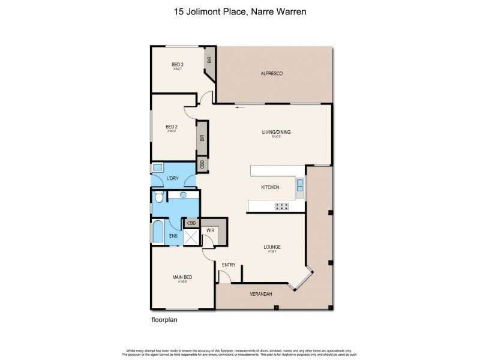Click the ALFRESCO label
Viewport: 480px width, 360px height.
point(271,73)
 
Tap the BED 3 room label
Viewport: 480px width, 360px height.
point(177,64)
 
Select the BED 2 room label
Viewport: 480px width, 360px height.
point(172,127)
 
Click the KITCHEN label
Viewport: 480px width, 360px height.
point(270,187)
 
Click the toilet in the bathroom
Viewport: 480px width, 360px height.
point(157,196)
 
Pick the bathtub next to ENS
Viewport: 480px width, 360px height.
point(157,233)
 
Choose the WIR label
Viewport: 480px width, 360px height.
point(210,230)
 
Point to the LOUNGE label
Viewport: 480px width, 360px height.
point(272,247)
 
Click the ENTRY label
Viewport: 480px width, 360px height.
point(229,265)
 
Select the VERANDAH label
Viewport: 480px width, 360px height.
point(261,294)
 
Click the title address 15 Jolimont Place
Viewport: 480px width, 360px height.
point(239,10)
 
